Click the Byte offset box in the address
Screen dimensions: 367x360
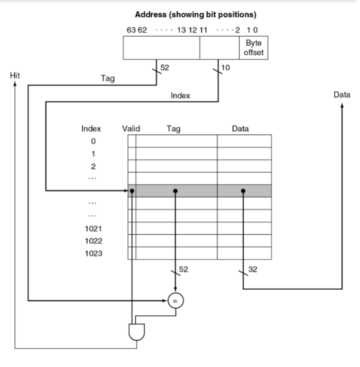pyautogui.click(x=253, y=49)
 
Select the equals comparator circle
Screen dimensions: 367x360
pyautogui.click(x=176, y=300)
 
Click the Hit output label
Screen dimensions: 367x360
pyautogui.click(x=15, y=75)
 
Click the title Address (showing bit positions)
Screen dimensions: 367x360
pyautogui.click(x=195, y=14)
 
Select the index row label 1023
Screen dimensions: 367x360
pyautogui.click(x=93, y=253)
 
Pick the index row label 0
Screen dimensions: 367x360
pyautogui.click(x=93, y=141)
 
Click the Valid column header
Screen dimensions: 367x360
pyautogui.click(x=131, y=129)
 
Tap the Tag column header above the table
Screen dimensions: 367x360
pyautogui.click(x=174, y=129)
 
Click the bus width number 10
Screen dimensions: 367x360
pyautogui.click(x=225, y=67)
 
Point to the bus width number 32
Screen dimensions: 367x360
pyautogui.click(x=253, y=269)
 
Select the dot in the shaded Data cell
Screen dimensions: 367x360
pyautogui.click(x=243, y=190)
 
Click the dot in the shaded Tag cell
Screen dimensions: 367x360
pyautogui.click(x=176, y=190)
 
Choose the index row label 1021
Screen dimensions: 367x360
pyautogui.click(x=93, y=229)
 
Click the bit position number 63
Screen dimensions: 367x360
pyautogui.click(x=131, y=30)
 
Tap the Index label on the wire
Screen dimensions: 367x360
pyautogui.click(x=180, y=95)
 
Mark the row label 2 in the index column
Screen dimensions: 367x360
pyautogui.click(x=93, y=166)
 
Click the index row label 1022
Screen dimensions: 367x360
pyautogui.click(x=93, y=241)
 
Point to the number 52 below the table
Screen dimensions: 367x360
pyautogui.click(x=183, y=269)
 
